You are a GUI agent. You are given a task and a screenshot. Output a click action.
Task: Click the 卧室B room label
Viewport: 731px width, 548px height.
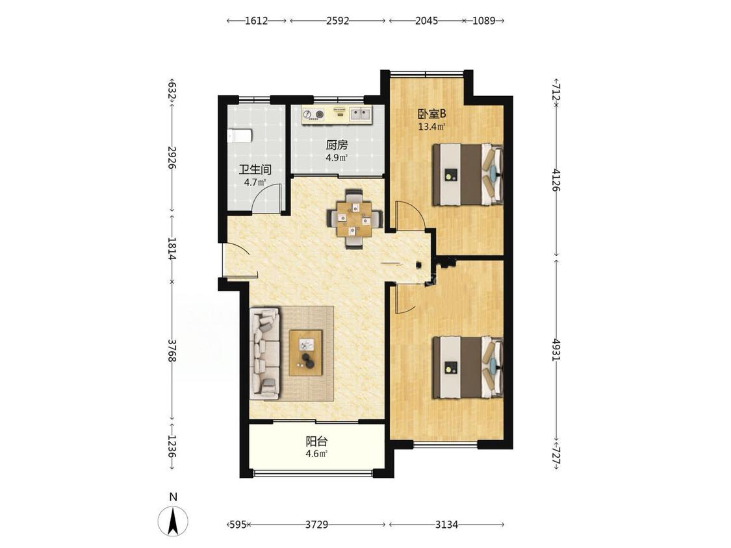[x=431, y=114]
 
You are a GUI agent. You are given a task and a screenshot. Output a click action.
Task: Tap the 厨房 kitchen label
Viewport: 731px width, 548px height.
[x=337, y=145]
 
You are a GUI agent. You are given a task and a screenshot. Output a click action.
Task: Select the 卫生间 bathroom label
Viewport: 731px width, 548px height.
[x=255, y=169]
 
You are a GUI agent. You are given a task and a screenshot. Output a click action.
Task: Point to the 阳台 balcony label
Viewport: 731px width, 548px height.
[x=316, y=442]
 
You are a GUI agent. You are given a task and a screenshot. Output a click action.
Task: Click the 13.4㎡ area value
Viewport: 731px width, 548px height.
[x=431, y=126]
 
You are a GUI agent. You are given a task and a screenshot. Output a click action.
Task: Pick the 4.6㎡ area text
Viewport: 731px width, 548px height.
[x=316, y=453]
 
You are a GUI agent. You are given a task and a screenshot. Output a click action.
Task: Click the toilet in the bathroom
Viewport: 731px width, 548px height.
[x=239, y=136]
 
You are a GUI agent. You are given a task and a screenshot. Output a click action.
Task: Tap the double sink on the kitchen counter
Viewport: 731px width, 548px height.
[x=361, y=113]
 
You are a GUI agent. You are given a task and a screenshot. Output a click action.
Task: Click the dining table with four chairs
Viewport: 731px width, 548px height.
[x=355, y=219]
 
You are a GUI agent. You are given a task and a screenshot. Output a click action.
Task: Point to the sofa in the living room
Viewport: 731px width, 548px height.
[x=265, y=354]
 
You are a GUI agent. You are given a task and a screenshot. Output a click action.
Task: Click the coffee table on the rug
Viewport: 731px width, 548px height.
[x=306, y=353]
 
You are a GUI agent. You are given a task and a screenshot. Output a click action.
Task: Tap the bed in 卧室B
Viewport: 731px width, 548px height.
[x=468, y=174]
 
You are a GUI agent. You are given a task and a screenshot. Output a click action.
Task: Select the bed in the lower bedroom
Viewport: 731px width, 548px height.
[x=468, y=367]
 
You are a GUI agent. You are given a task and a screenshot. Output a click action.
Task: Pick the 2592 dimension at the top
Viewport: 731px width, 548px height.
[x=337, y=21]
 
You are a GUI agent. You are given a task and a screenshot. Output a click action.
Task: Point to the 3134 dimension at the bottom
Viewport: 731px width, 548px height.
[x=446, y=525]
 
